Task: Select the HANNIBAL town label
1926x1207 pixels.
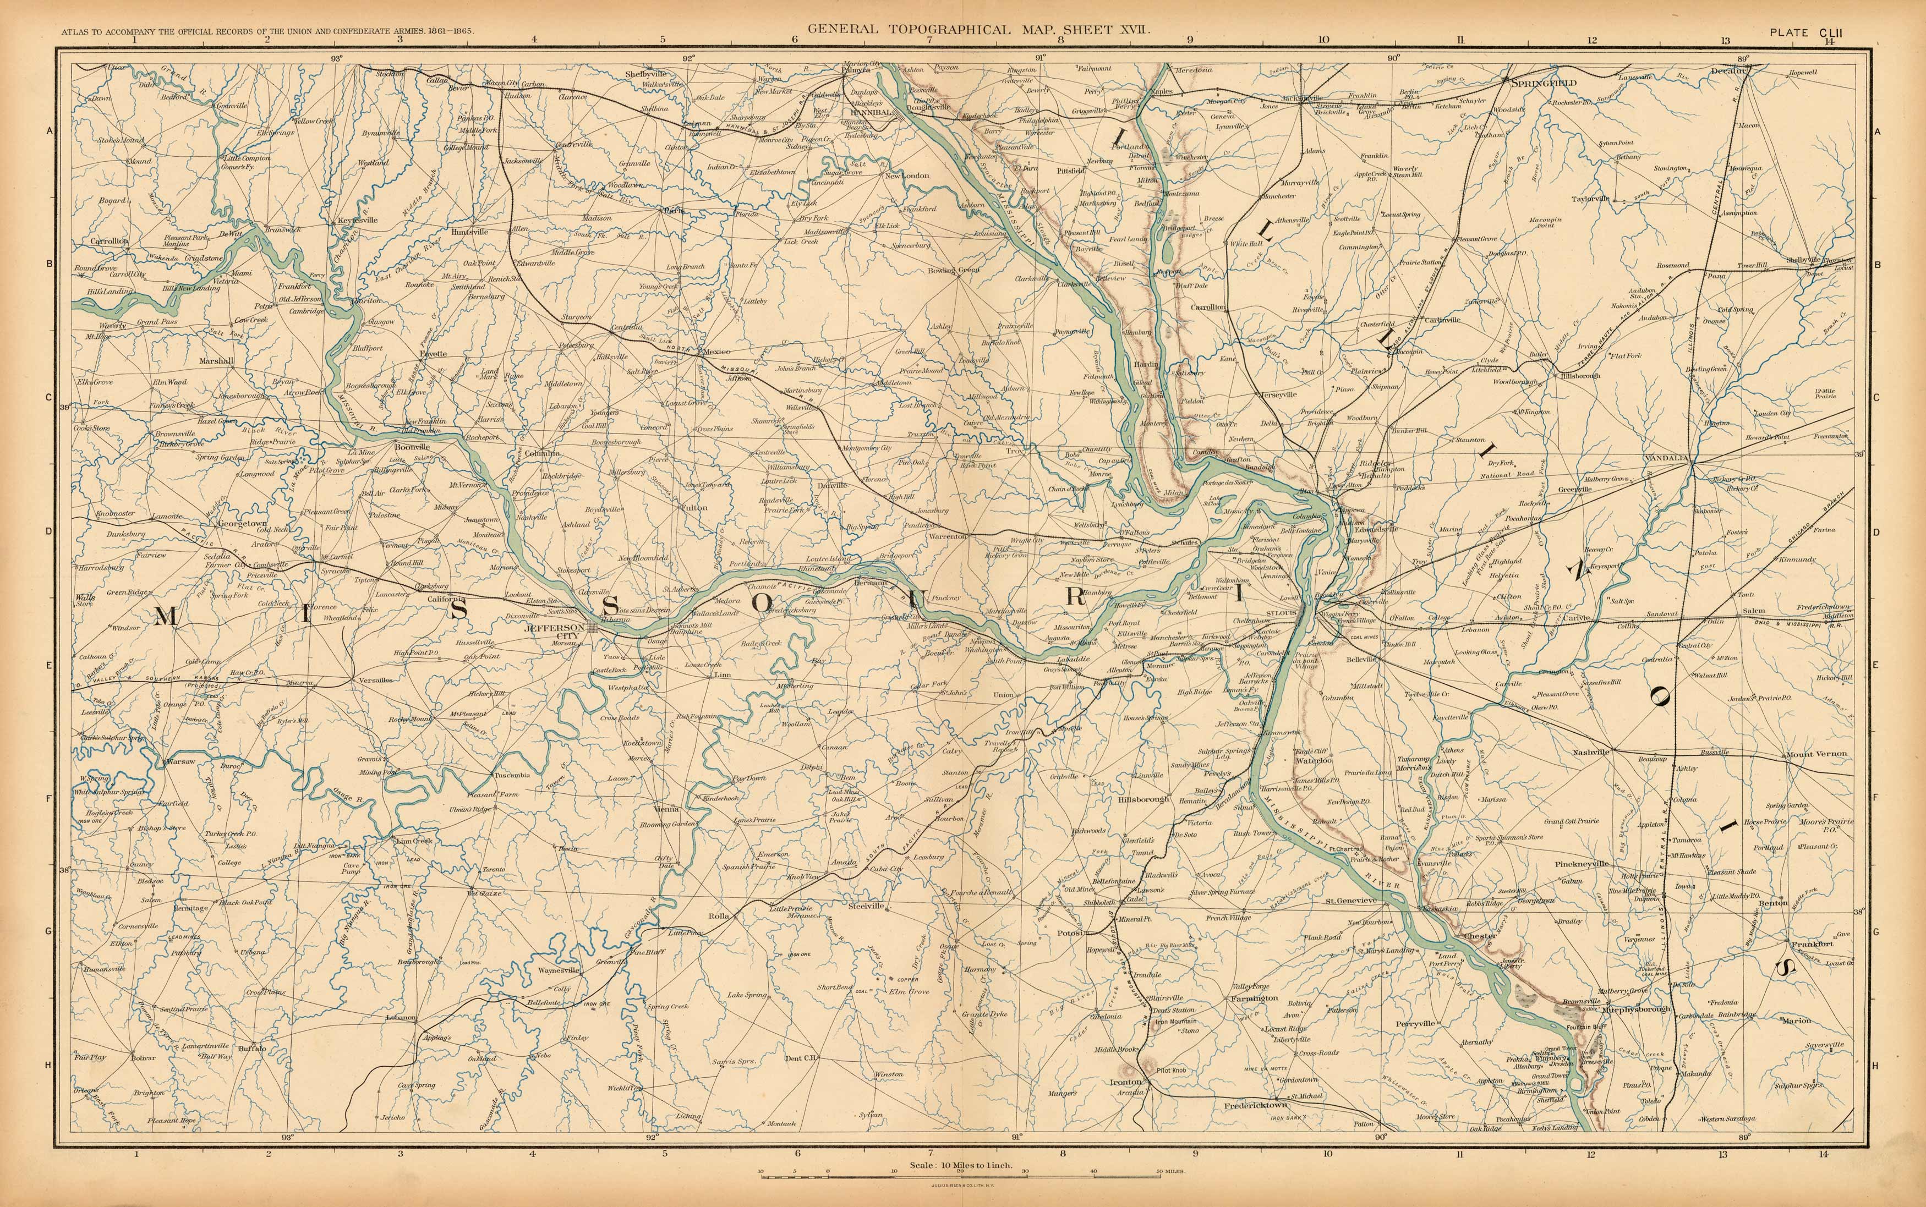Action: coord(872,113)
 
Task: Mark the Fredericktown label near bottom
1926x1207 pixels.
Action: coord(1256,1106)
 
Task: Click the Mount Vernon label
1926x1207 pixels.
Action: coord(1816,754)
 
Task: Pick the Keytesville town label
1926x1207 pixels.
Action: coord(357,220)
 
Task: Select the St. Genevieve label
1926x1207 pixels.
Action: coord(1351,901)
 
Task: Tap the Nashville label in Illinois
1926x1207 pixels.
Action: coord(1591,752)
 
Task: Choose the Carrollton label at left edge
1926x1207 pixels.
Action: coord(110,240)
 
